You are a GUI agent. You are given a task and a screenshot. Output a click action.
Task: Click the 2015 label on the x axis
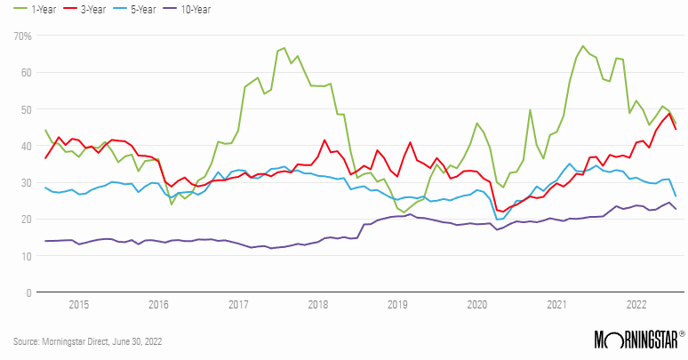tap(79, 304)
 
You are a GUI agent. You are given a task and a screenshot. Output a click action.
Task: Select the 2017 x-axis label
tap(238, 304)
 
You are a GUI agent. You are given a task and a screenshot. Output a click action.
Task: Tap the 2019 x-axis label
tap(397, 304)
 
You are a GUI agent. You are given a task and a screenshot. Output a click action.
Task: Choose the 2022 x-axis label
tap(636, 304)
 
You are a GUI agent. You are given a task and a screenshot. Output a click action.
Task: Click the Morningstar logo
tap(639, 340)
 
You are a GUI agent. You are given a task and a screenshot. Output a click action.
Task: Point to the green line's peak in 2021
tap(583, 46)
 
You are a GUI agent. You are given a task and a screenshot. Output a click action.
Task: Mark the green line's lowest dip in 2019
tap(404, 212)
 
